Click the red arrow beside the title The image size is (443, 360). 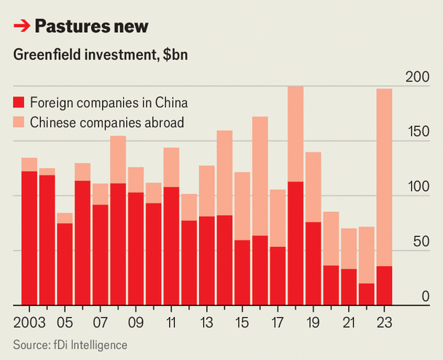pyautogui.click(x=22, y=27)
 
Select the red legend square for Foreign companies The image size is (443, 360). pyautogui.click(x=20, y=102)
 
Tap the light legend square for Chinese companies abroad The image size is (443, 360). pyautogui.click(x=20, y=122)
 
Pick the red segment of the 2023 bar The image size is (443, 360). pyautogui.click(x=384, y=286)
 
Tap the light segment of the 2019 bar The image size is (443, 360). pyautogui.click(x=313, y=187)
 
